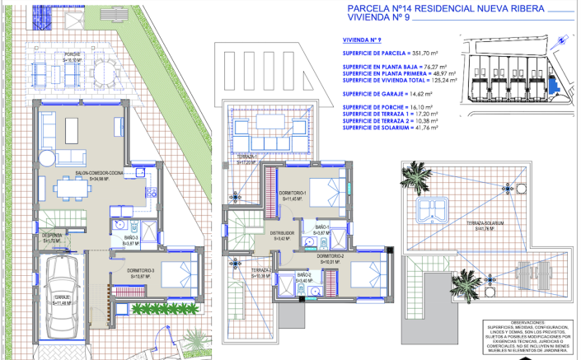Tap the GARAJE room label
63,300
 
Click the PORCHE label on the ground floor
73,57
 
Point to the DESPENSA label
52,237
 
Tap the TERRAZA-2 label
239,272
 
